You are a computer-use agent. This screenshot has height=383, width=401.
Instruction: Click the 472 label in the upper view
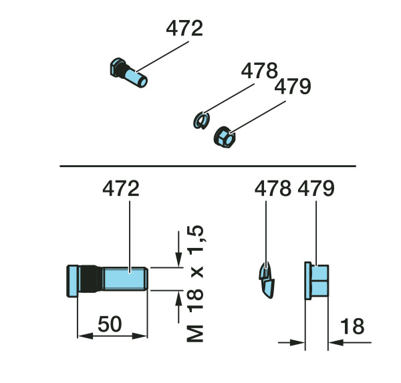click(x=184, y=28)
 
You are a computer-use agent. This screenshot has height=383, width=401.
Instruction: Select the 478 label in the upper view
click(x=259, y=70)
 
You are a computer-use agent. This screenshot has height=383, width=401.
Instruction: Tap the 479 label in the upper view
click(x=293, y=86)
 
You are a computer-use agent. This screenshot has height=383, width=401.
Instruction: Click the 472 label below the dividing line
click(x=121, y=188)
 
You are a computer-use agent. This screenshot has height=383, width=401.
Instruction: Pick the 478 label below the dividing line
click(x=273, y=188)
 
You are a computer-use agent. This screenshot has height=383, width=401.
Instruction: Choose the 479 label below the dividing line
click(x=316, y=188)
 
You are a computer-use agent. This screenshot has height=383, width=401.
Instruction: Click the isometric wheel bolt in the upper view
click(x=128, y=73)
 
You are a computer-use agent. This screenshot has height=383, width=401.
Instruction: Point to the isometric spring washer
click(x=201, y=120)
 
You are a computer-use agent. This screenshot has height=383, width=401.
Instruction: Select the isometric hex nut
click(x=225, y=137)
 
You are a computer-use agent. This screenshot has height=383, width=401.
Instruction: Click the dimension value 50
click(x=110, y=324)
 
